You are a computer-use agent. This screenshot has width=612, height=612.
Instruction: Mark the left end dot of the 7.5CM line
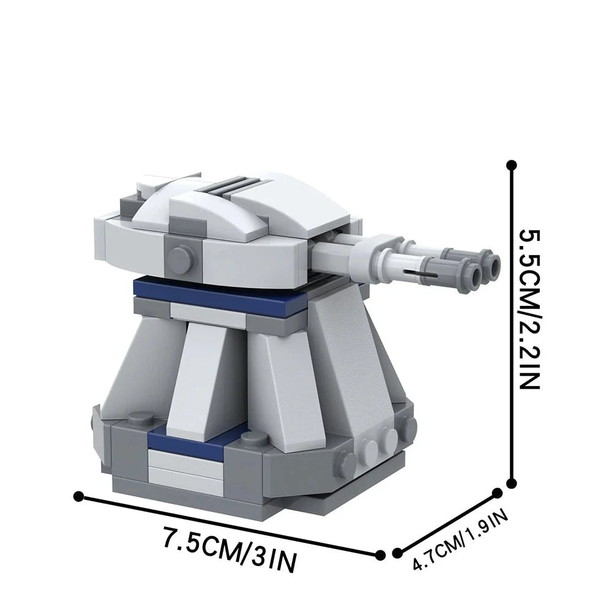78,495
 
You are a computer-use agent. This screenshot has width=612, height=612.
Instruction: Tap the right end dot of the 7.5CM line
380,554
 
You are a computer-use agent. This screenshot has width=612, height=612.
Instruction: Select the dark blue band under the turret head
220,293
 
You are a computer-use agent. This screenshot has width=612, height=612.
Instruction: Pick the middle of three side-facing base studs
370,446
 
